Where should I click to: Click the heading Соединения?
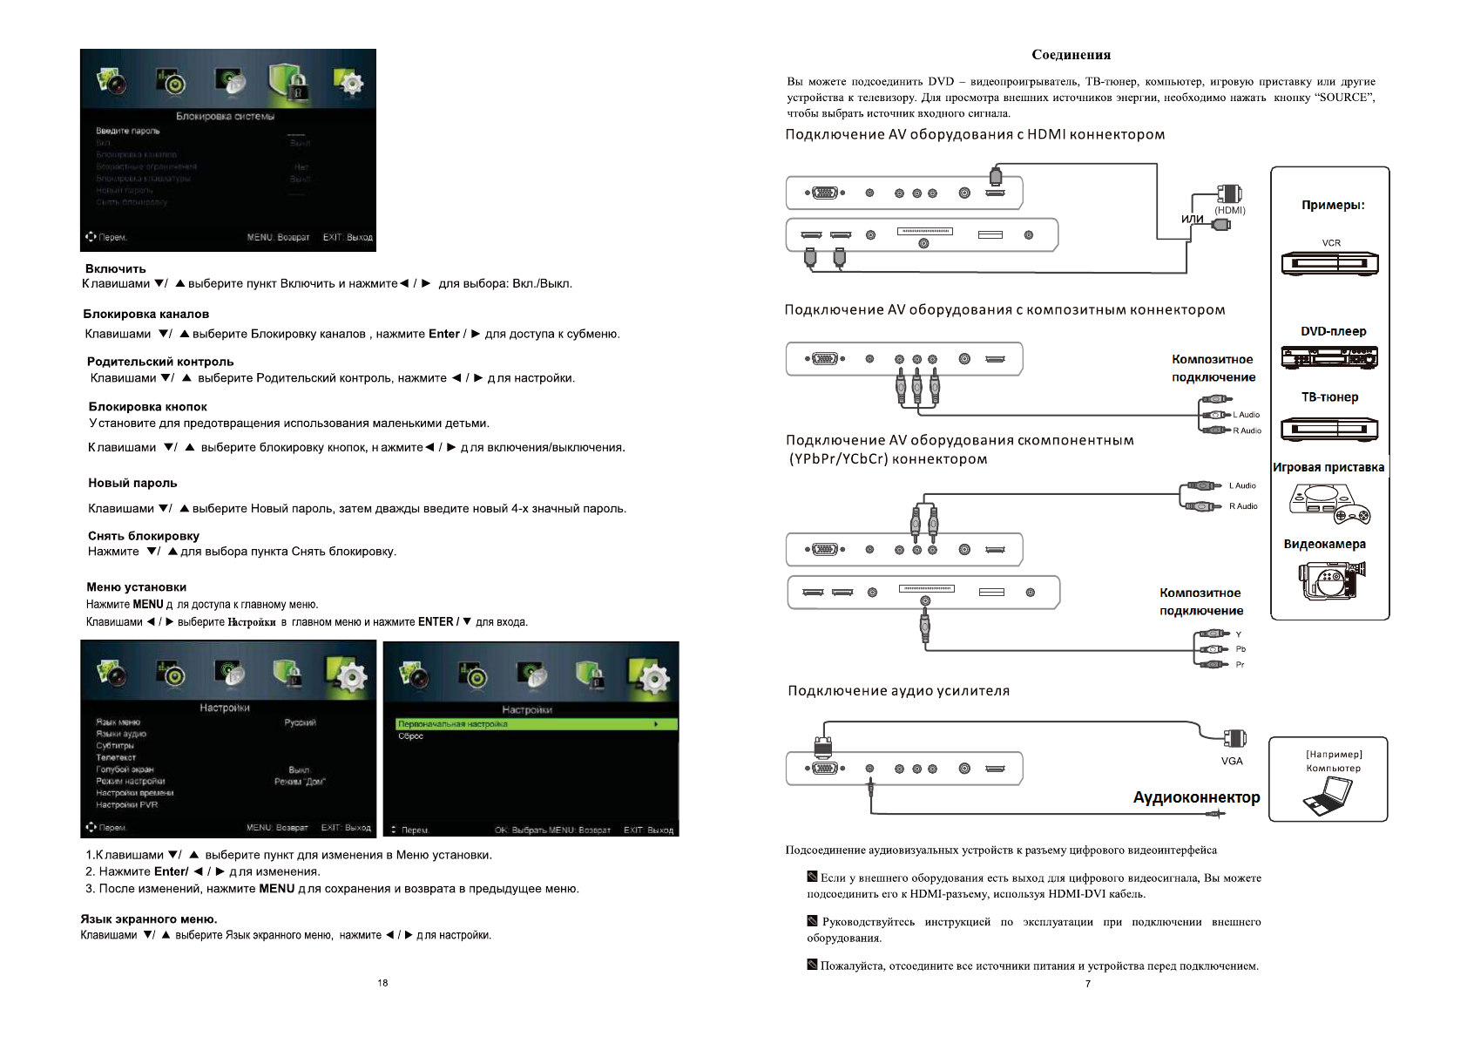[x=1071, y=55]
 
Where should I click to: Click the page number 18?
[x=382, y=983]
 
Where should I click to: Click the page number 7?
[x=1087, y=984]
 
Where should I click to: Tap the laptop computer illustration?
[x=1328, y=795]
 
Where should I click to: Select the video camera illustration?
[x=1330, y=579]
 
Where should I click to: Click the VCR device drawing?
[x=1329, y=263]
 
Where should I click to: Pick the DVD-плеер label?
[x=1333, y=331]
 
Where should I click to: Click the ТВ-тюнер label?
[x=1329, y=397]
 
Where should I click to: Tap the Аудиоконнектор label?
[x=1196, y=797]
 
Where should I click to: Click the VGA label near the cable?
[x=1232, y=761]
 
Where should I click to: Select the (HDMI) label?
[x=1229, y=210]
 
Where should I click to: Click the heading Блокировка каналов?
[x=146, y=314]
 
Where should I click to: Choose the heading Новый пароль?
[x=132, y=483]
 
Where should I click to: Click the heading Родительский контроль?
[x=160, y=362]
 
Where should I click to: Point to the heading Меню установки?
[x=136, y=587]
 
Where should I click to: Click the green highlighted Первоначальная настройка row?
[x=530, y=724]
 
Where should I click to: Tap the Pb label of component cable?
[x=1241, y=649]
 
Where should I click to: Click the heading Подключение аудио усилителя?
[x=898, y=691]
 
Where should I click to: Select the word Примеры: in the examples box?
[x=1333, y=206]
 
